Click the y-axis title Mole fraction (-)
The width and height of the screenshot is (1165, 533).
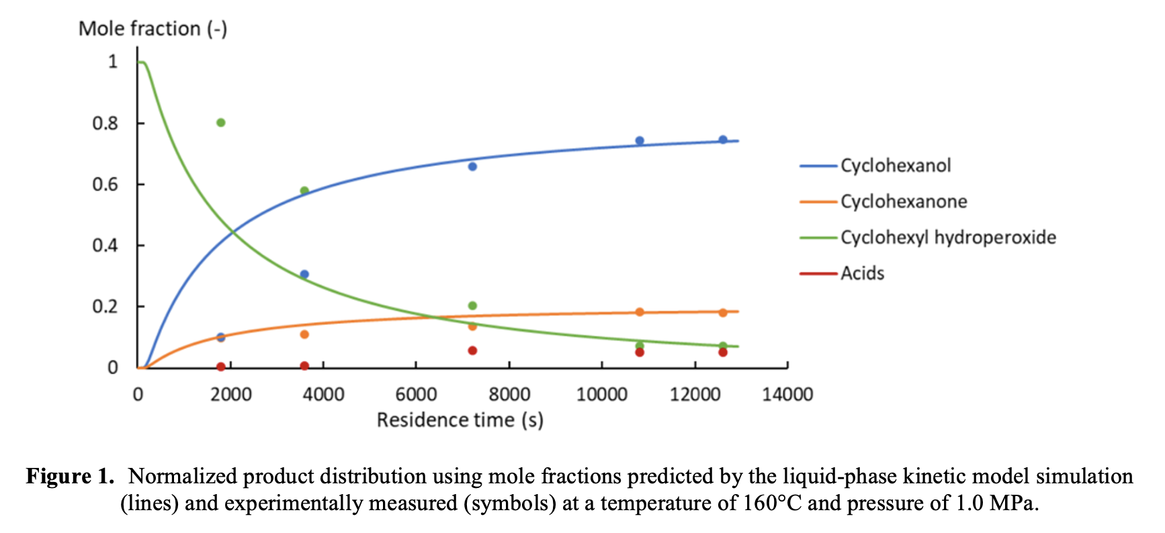pos(153,29)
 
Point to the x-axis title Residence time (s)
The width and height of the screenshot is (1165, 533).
pos(460,420)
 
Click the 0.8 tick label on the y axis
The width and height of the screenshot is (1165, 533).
pos(105,124)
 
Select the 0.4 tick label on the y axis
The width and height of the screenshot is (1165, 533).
pos(105,246)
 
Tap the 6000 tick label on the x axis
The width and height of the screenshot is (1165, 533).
pos(416,395)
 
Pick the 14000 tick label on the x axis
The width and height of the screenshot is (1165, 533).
pos(787,395)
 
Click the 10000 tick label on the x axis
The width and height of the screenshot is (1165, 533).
pos(601,395)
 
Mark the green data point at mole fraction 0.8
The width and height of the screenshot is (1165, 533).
pos(220,123)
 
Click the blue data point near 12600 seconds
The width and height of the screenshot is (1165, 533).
pos(723,140)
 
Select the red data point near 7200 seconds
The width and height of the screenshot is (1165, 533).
pos(472,350)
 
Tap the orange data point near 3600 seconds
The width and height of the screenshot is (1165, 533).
pos(304,334)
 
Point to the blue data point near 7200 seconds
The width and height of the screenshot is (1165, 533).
pos(472,166)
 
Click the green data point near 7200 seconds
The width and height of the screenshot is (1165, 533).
pos(472,306)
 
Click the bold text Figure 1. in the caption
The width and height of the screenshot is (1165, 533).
pos(70,477)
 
